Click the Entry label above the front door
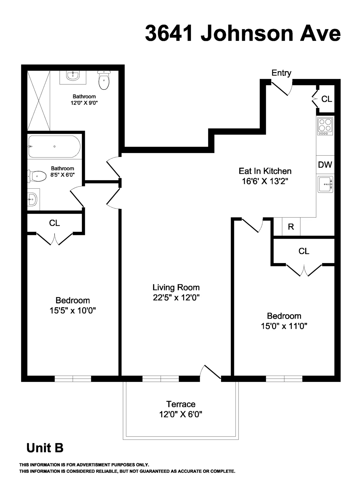tap(281, 73)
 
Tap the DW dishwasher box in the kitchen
tap(325, 164)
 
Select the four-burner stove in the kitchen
tap(325, 126)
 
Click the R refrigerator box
tap(291, 227)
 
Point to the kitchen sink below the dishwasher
tap(325, 184)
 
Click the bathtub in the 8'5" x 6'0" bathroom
tap(54, 147)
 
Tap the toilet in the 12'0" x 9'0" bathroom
tap(104, 80)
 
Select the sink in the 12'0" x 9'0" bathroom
tap(73, 76)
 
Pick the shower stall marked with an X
tap(39, 100)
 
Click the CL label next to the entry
tap(327, 99)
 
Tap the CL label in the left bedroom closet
tap(55, 223)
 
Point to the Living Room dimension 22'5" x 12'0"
tap(176, 298)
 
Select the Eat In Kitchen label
tap(265, 171)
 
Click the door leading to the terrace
tap(212, 372)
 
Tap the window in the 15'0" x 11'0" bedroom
tap(284, 379)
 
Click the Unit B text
tap(45, 448)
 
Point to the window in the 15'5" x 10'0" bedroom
tap(73, 379)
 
